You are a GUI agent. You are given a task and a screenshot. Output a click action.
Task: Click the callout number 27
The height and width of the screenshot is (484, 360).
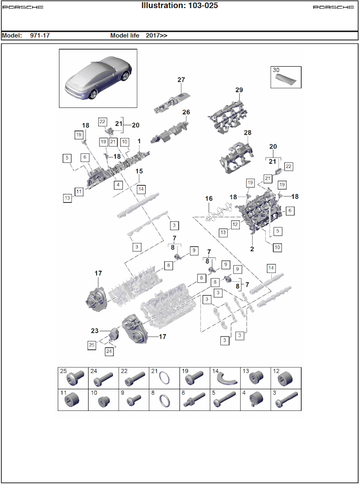point(181,80)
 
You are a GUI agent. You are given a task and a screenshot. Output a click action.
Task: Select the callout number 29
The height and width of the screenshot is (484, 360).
point(239,90)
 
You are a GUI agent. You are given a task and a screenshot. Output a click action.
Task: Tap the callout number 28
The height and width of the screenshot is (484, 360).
point(247,132)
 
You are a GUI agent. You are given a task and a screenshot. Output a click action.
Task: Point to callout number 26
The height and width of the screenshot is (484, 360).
point(186,112)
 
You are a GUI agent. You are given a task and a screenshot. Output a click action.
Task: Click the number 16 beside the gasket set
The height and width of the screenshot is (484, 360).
point(209,198)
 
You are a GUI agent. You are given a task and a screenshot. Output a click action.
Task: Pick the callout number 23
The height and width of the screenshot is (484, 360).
point(95,331)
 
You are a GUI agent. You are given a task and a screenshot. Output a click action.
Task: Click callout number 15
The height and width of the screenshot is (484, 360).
point(139,171)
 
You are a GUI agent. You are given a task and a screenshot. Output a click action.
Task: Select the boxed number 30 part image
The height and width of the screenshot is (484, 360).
point(286,77)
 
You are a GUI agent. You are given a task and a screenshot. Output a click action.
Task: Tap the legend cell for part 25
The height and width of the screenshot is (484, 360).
point(73,378)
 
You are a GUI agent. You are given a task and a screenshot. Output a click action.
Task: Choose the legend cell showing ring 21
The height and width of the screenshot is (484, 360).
point(164,378)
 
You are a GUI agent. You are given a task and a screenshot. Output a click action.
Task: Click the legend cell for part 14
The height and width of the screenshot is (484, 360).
point(225,378)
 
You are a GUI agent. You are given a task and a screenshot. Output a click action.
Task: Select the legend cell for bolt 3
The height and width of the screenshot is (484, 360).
point(286,400)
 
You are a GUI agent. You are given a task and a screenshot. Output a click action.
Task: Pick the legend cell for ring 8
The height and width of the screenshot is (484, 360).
point(164,400)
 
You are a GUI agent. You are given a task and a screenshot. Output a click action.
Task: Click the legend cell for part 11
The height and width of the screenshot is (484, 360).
point(73,400)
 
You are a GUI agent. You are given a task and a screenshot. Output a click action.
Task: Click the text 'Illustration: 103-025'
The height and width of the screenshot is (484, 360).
point(179,5)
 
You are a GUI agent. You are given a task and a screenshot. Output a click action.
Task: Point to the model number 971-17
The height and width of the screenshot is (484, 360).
point(40,35)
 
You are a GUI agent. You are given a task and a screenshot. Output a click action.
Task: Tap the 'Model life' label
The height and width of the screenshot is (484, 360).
point(125,35)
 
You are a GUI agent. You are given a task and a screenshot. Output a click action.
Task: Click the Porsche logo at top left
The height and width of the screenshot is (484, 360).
point(23,7)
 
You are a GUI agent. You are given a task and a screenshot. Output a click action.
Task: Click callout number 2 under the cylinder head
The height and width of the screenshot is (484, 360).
point(252,249)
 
